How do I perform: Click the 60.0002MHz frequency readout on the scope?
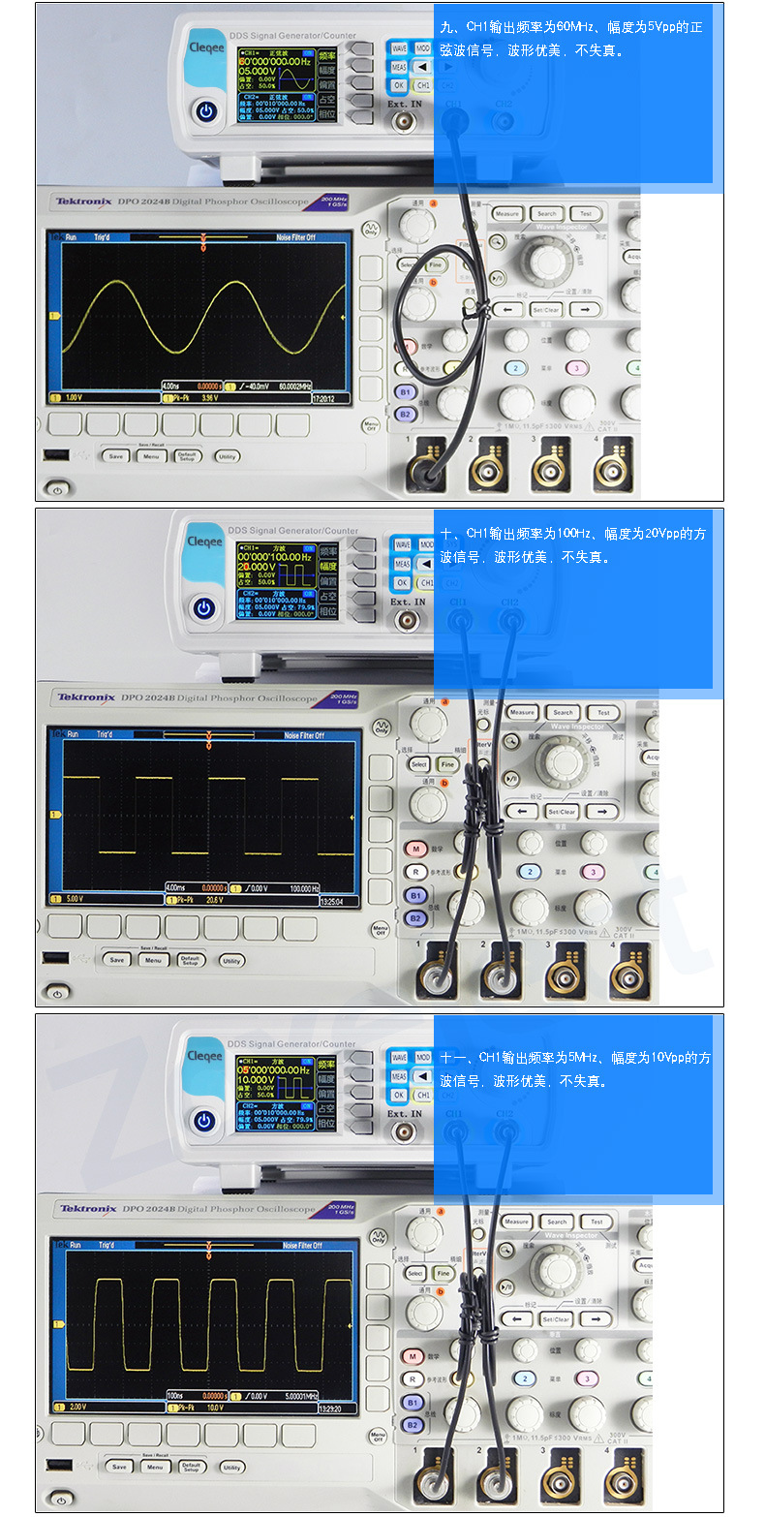click(294, 386)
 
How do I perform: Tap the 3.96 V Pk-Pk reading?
click(207, 397)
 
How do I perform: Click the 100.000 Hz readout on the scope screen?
click(304, 887)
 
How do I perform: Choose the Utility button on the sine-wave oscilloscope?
click(228, 456)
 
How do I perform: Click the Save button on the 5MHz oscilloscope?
click(119, 1467)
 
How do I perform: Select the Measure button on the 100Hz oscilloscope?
click(522, 712)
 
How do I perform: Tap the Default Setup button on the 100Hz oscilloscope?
click(191, 960)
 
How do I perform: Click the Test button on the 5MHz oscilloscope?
click(597, 1222)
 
